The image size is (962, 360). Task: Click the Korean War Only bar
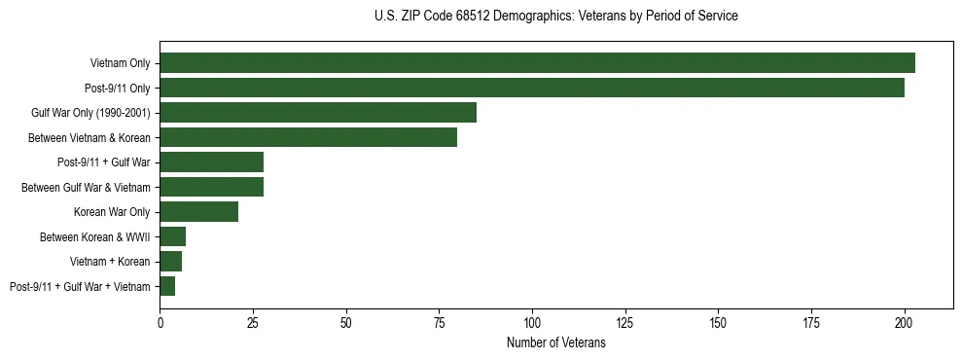198,211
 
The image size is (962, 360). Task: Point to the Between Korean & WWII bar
173,236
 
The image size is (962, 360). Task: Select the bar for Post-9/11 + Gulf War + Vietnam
167,286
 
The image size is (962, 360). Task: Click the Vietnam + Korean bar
171,261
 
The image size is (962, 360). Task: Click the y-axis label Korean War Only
112,211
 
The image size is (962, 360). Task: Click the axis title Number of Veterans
556,342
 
